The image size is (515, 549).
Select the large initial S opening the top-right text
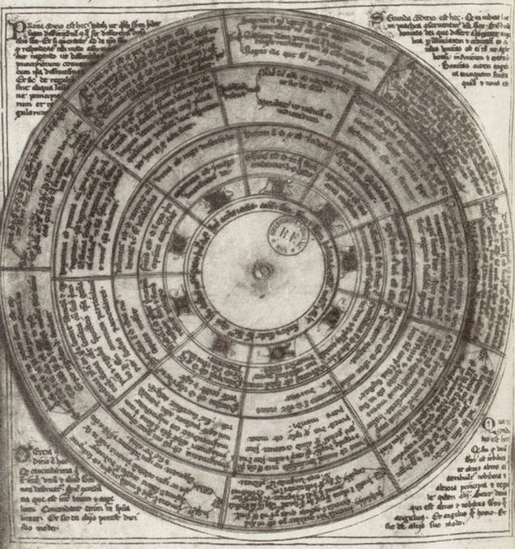pos(377,19)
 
